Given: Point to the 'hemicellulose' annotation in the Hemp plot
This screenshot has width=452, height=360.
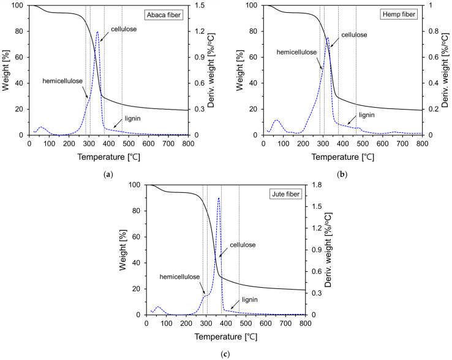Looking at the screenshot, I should click(x=297, y=52).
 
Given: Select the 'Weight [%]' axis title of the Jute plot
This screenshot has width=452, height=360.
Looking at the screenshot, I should click(x=124, y=250).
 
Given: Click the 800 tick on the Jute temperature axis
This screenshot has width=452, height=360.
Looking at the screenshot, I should click(x=304, y=324).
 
